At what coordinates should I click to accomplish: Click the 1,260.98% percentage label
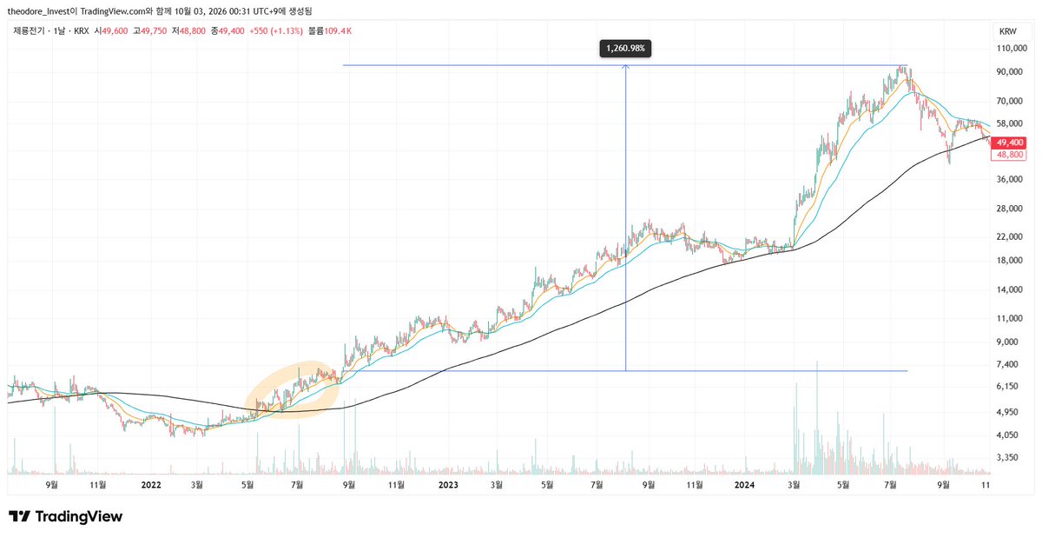(x=625, y=49)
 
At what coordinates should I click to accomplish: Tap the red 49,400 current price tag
(x=1008, y=143)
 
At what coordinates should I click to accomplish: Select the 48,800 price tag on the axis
(x=1008, y=155)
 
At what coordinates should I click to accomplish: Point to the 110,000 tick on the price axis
(x=1012, y=48)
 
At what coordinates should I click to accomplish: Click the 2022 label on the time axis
(x=151, y=485)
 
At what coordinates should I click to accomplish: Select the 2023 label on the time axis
(x=448, y=485)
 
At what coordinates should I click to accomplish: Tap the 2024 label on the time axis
(x=744, y=485)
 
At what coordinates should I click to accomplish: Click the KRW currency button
(x=1008, y=31)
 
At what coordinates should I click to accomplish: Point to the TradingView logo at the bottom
(x=66, y=516)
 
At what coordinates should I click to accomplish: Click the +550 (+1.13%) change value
(x=276, y=31)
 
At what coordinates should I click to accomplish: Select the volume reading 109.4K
(x=338, y=31)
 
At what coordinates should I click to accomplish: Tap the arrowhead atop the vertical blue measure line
(x=626, y=67)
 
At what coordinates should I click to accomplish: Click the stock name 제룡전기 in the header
(x=29, y=31)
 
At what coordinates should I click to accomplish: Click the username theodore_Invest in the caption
(x=38, y=10)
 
